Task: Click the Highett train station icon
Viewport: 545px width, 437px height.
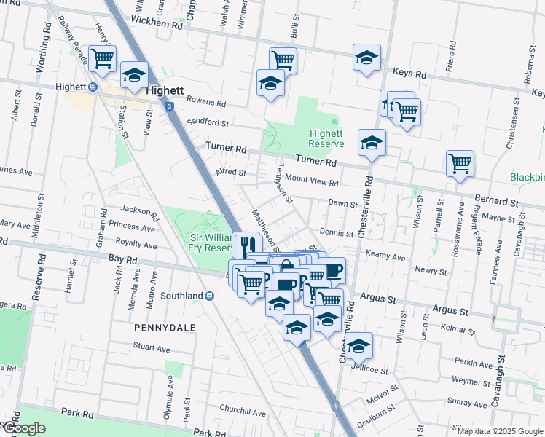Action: tap(93, 87)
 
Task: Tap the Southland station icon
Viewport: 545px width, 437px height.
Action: tap(210, 296)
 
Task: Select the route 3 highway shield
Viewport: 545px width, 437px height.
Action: tap(169, 106)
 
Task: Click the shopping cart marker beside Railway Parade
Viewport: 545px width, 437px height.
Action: tap(102, 58)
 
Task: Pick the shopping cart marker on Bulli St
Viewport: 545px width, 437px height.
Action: tap(282, 60)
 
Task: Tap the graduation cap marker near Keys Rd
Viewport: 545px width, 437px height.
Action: tap(366, 58)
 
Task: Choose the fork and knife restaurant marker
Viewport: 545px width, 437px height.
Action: tap(247, 245)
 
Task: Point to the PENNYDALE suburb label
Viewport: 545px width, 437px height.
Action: tap(165, 328)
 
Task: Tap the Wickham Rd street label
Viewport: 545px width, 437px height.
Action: tap(157, 24)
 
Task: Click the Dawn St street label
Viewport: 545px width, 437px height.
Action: tap(342, 204)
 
